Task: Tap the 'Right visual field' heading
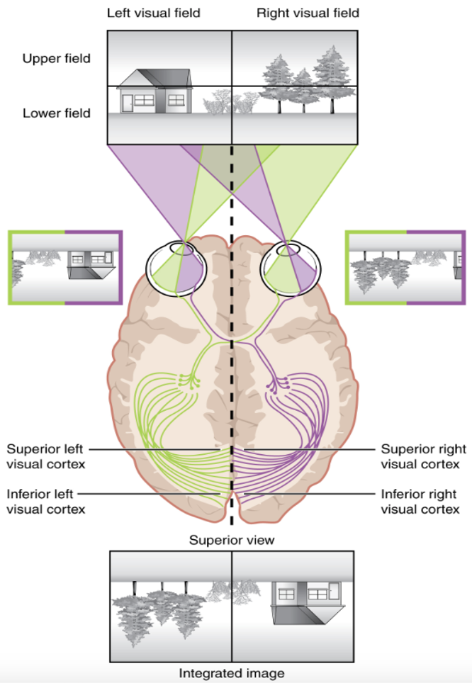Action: pyautogui.click(x=308, y=13)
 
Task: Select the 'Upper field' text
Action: pyautogui.click(x=57, y=59)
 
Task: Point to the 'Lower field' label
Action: pyautogui.click(x=57, y=113)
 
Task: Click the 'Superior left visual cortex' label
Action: pyautogui.click(x=46, y=456)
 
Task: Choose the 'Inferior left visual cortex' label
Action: pyautogui.click(x=46, y=501)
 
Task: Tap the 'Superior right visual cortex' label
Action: pyautogui.click(x=424, y=456)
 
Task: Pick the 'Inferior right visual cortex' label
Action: pyautogui.click(x=420, y=501)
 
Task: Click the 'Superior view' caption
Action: pyautogui.click(x=231, y=540)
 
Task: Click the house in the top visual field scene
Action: pyautogui.click(x=155, y=91)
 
